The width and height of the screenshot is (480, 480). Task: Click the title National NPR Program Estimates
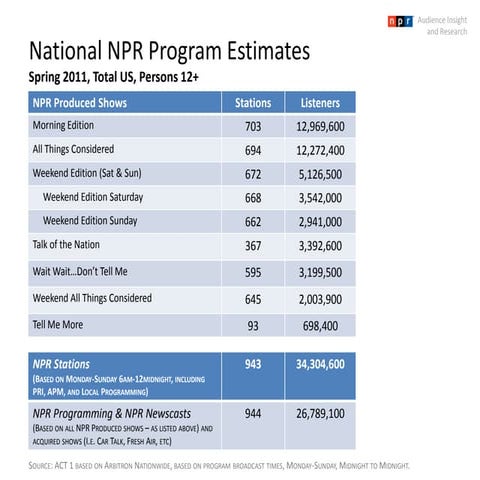pyautogui.click(x=169, y=51)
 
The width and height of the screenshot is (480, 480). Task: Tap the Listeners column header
pyautogui.click(x=319, y=103)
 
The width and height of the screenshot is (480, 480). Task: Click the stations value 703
pyautogui.click(x=253, y=127)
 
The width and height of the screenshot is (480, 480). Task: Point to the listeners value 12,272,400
pyautogui.click(x=320, y=150)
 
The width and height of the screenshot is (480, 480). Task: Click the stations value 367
pyautogui.click(x=253, y=245)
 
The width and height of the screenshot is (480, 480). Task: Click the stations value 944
pyautogui.click(x=253, y=411)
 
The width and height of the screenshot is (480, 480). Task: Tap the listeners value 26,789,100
pyautogui.click(x=320, y=411)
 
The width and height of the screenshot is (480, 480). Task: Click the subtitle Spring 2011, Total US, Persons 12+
pyautogui.click(x=121, y=76)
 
